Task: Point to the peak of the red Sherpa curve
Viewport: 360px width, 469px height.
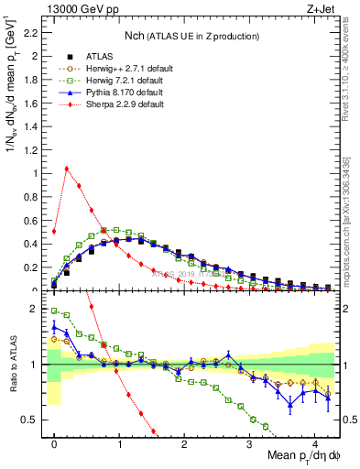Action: [67, 169]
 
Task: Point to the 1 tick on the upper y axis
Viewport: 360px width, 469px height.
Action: [38, 173]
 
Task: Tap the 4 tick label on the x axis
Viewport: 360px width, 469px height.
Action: [314, 444]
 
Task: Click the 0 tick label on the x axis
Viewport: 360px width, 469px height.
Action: [54, 444]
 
